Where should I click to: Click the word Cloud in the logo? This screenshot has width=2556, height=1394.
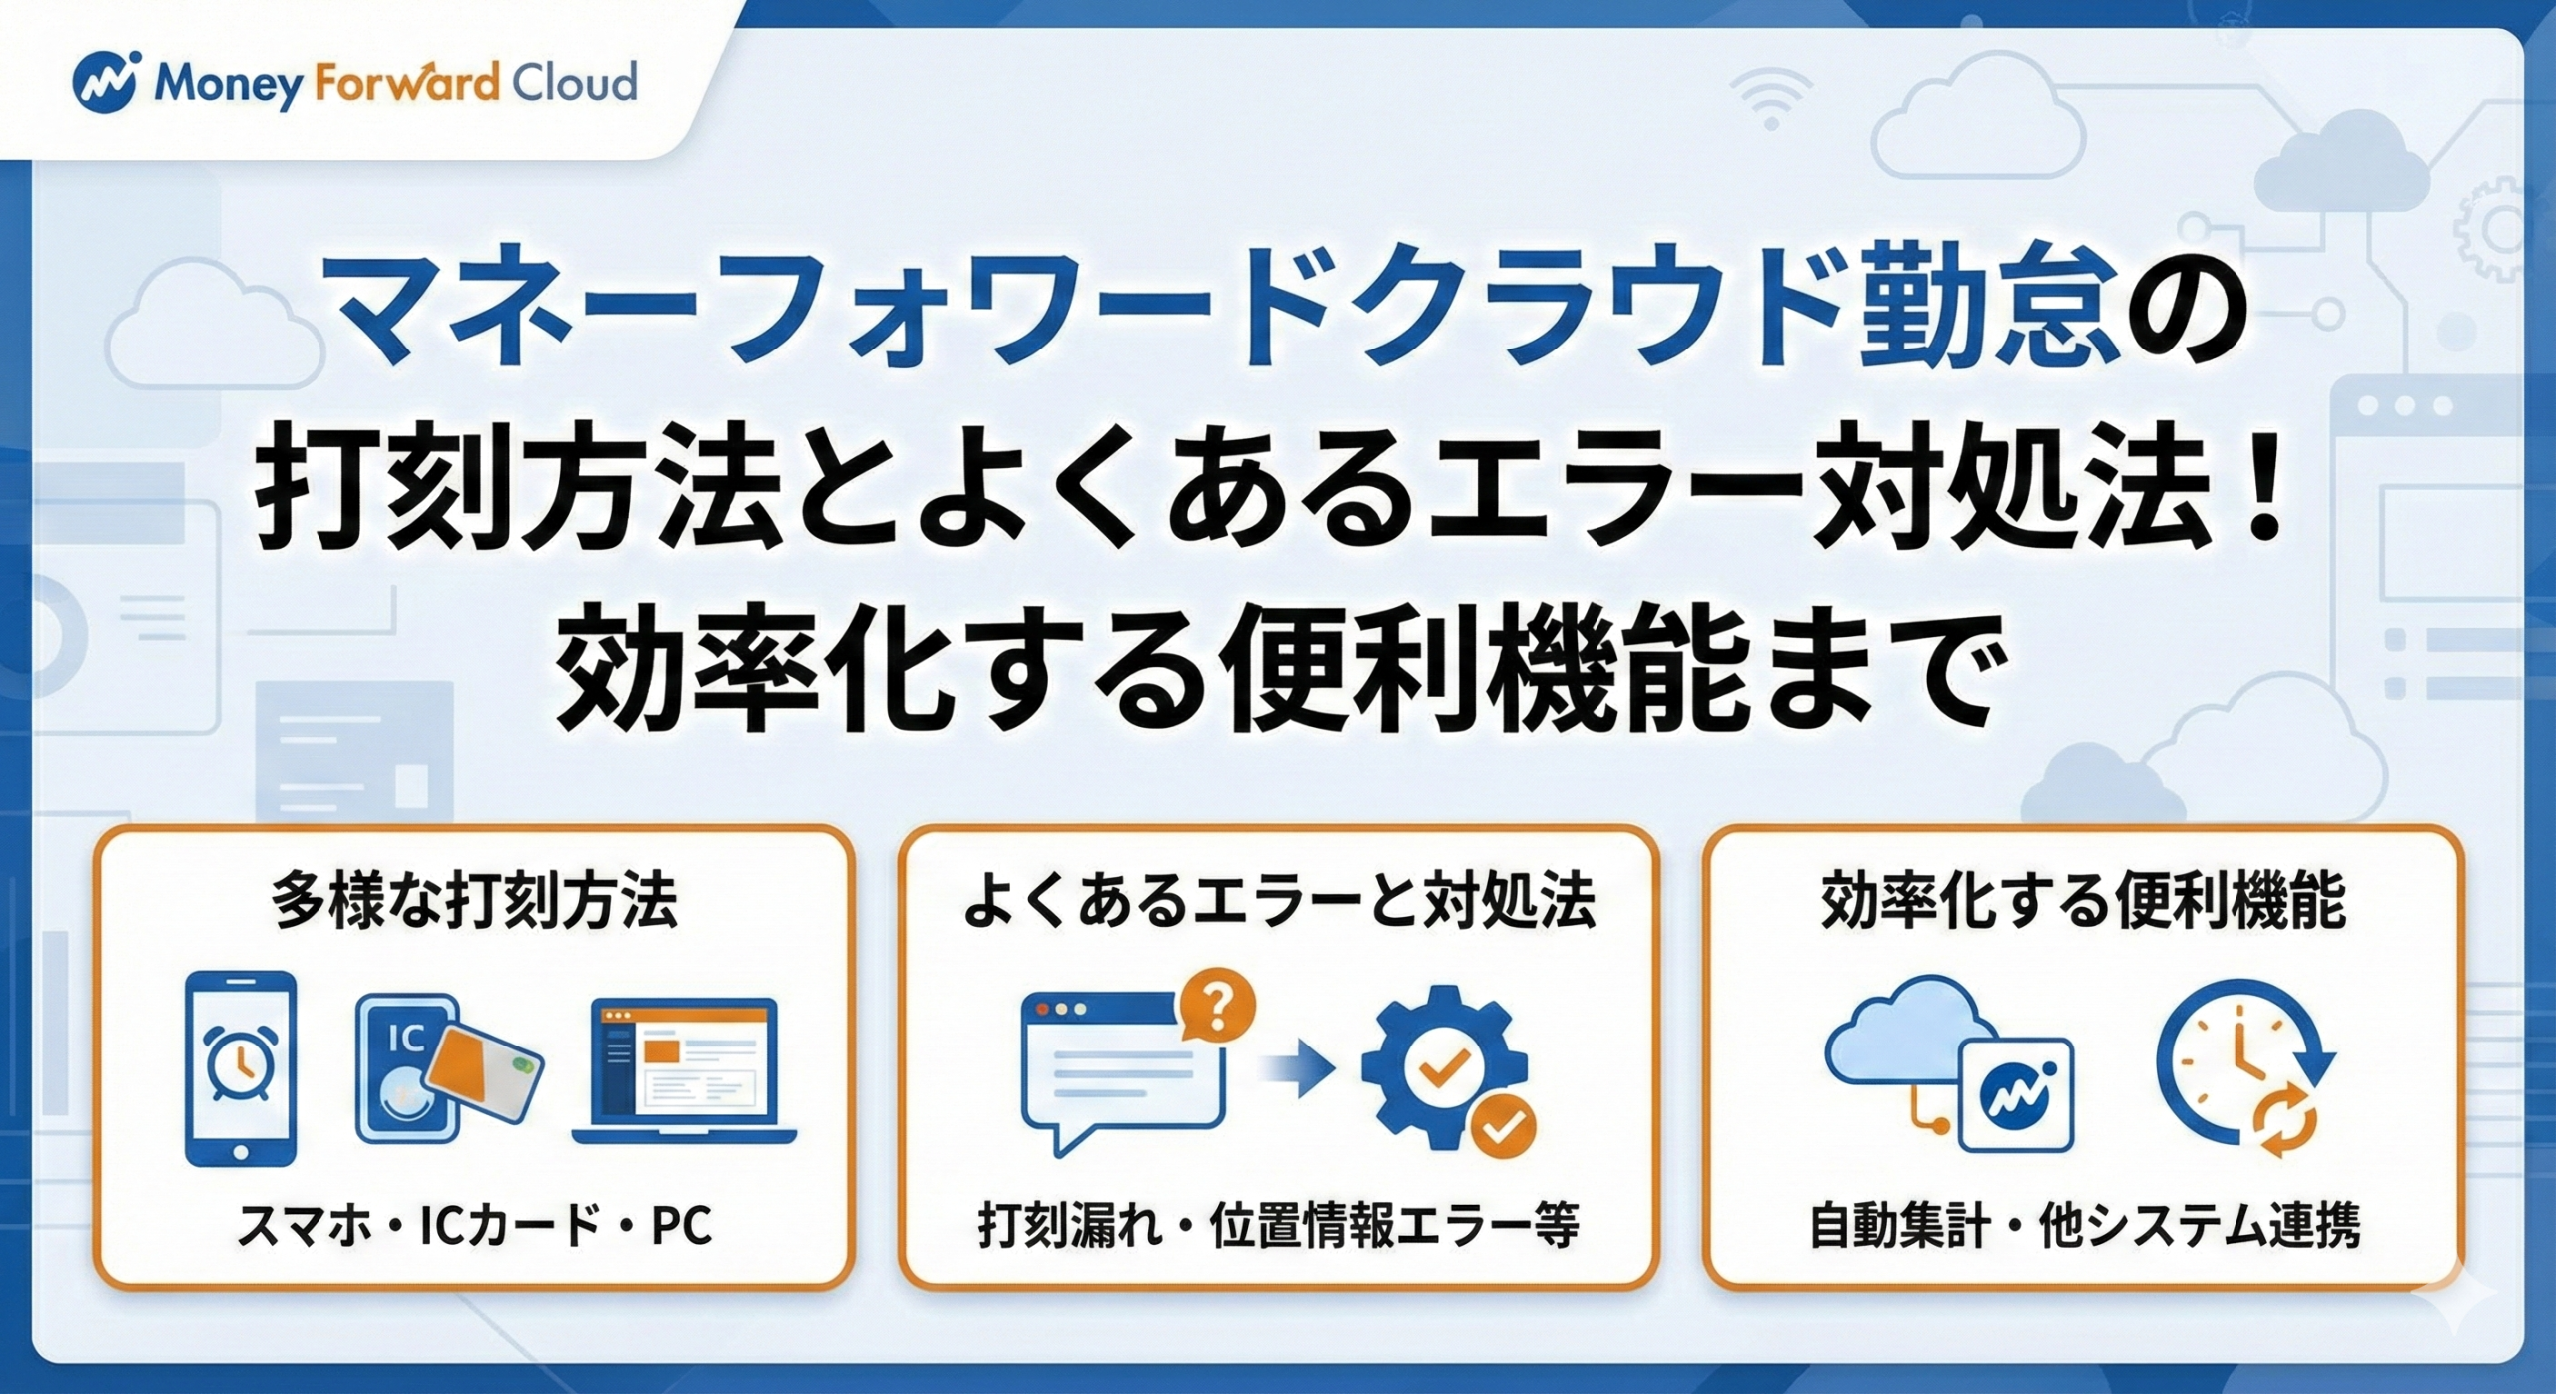pos(574,82)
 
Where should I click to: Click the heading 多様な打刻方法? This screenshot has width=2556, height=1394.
pos(474,901)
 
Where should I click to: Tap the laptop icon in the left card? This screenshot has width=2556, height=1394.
pos(685,1070)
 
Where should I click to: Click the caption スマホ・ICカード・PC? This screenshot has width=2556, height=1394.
pos(474,1226)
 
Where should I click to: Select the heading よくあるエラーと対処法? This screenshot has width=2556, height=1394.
pos(1278,901)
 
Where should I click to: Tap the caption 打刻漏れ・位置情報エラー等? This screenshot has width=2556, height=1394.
pos(1278,1226)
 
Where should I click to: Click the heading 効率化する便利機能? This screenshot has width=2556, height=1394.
pos(2083,901)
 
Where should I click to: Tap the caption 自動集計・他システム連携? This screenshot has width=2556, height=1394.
pos(2085,1226)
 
